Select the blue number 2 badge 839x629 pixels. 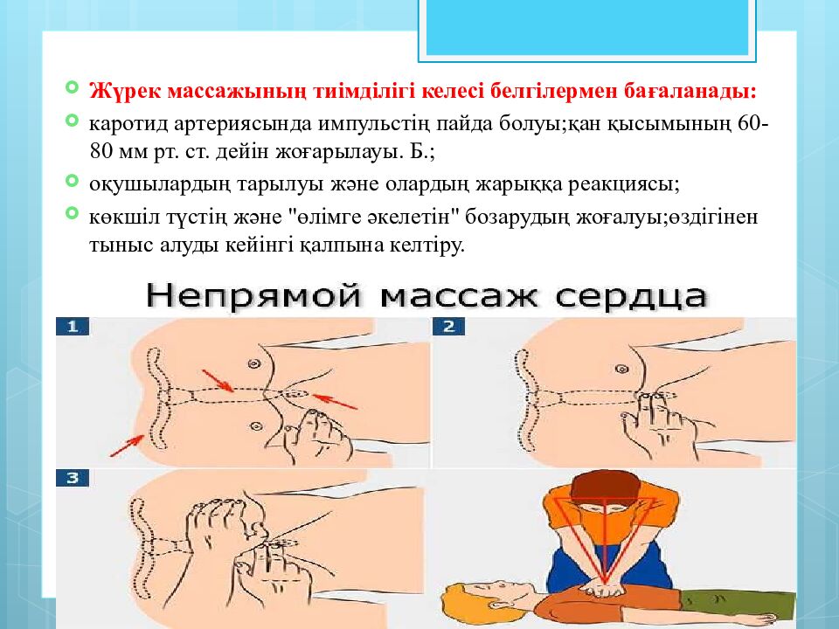[449, 326]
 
